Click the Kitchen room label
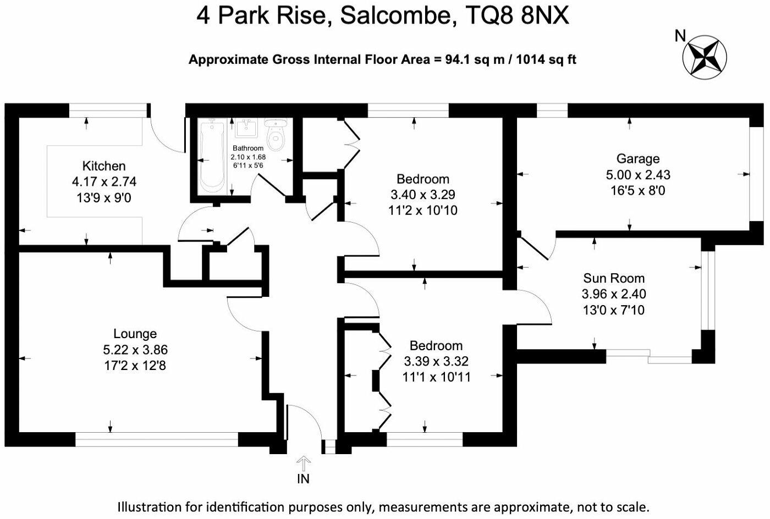pyautogui.click(x=104, y=166)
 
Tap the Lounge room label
pyautogui.click(x=135, y=333)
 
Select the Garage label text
pyautogui.click(x=638, y=159)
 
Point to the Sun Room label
pyautogui.click(x=614, y=278)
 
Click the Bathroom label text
pyautogui.click(x=248, y=148)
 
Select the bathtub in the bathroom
pyautogui.click(x=212, y=156)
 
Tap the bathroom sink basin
pyautogui.click(x=247, y=128)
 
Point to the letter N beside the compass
pyautogui.click(x=680, y=36)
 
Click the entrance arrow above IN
pyautogui.click(x=304, y=463)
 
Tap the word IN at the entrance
pyautogui.click(x=303, y=479)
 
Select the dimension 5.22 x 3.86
pyautogui.click(x=135, y=350)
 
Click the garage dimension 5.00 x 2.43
pyautogui.click(x=638, y=175)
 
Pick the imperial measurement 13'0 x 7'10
pyautogui.click(x=614, y=311)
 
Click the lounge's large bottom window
pyautogui.click(x=157, y=439)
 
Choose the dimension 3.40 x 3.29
pyautogui.click(x=423, y=195)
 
